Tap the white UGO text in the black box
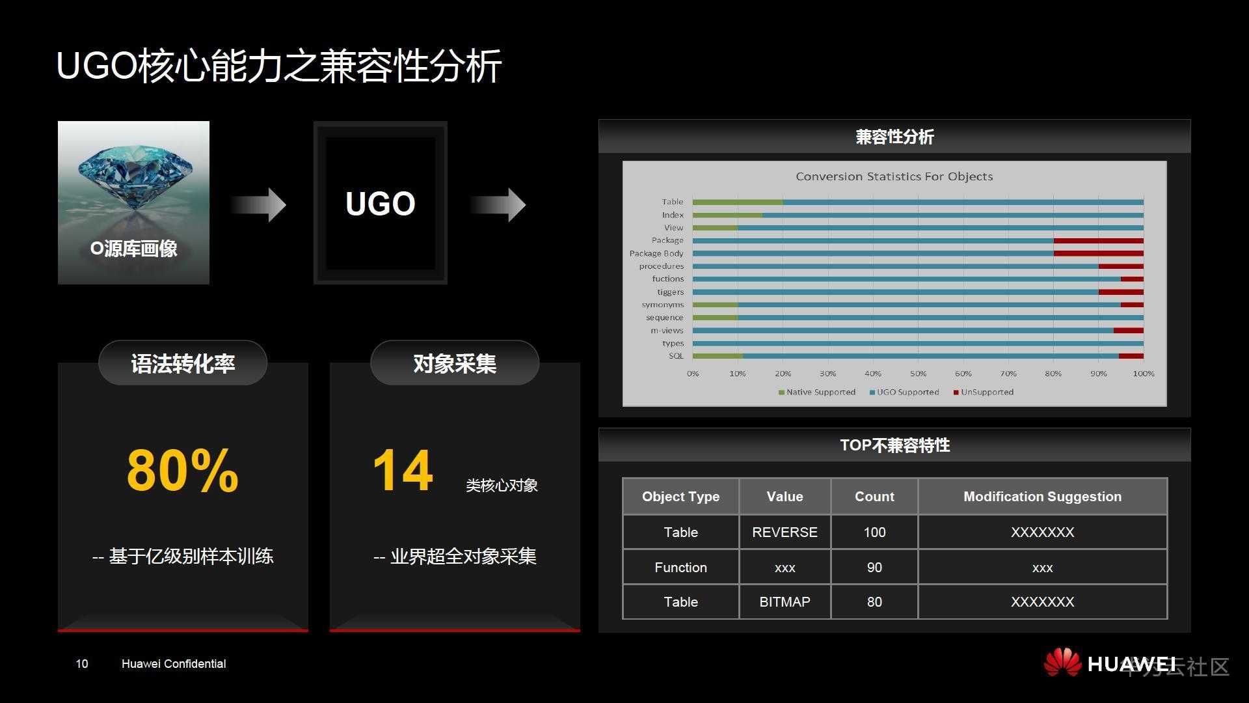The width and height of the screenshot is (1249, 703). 381,204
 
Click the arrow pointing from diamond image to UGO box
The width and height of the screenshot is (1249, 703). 258,205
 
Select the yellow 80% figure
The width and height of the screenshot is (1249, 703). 183,470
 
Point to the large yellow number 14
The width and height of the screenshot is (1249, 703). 403,470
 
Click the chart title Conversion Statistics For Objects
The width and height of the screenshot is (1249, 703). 894,176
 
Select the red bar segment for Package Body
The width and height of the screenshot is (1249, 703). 1099,253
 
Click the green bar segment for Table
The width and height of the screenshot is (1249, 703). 738,202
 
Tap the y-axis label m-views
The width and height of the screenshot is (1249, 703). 667,331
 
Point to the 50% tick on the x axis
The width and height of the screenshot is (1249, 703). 918,374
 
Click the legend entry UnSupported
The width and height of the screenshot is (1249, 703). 984,392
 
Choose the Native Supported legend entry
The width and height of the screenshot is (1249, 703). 817,392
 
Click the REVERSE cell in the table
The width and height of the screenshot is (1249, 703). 785,532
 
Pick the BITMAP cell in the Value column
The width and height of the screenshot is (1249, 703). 785,602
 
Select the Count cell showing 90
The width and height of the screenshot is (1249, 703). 874,568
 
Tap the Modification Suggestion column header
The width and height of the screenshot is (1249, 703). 1042,497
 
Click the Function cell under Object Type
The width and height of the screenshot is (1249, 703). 680,568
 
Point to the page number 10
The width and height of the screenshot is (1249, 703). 82,664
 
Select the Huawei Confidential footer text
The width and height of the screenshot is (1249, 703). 174,664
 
